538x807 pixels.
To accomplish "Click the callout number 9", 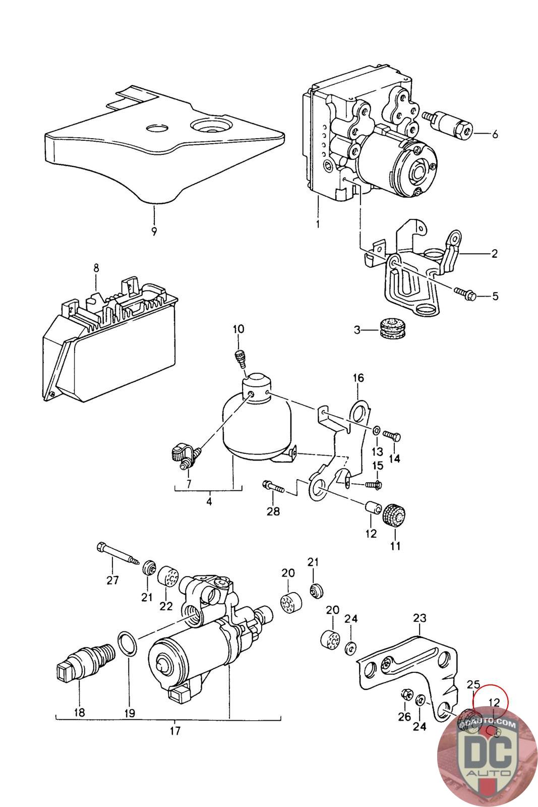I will click(x=154, y=232).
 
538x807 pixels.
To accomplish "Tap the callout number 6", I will click(x=494, y=134).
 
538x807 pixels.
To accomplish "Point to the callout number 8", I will click(x=96, y=269).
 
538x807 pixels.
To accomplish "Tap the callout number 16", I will click(x=358, y=378).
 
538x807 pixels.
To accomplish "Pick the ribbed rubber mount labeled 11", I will click(x=395, y=515).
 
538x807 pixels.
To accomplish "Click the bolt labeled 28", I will click(x=273, y=487).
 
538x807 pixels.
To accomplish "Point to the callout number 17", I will click(x=175, y=730).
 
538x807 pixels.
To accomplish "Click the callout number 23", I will click(x=420, y=618).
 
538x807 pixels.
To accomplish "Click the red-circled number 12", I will click(x=494, y=702).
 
